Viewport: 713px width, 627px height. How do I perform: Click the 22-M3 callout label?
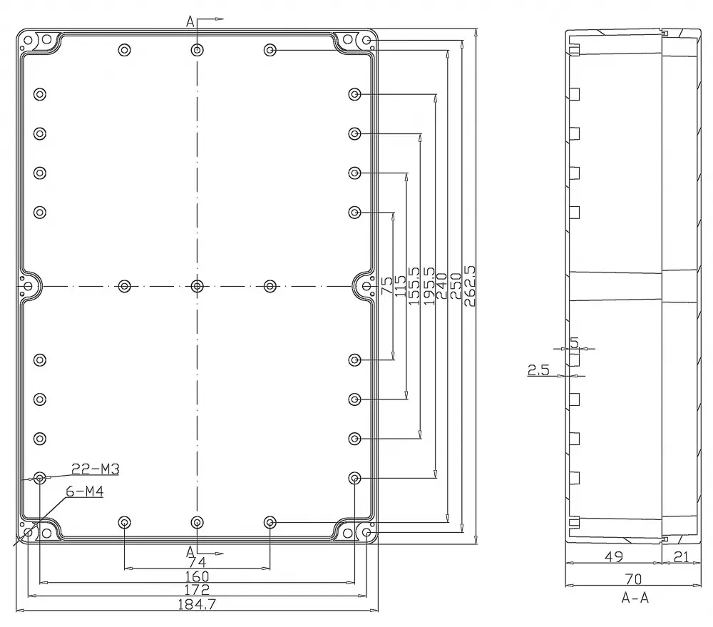(x=96, y=469)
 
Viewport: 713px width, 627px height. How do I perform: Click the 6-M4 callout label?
(x=85, y=491)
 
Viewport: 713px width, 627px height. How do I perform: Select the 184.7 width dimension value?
(x=197, y=604)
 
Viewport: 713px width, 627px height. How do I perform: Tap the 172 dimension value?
(x=197, y=590)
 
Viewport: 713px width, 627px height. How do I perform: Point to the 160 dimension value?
(x=197, y=576)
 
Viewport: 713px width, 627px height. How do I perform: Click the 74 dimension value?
(x=197, y=562)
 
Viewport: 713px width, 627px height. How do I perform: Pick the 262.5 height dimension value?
(x=469, y=286)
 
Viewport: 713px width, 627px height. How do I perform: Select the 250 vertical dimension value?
(x=455, y=286)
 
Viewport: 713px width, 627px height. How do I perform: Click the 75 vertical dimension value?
(x=386, y=286)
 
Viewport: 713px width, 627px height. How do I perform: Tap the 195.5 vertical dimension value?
(x=429, y=286)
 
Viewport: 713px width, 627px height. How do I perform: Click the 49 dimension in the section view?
(x=613, y=556)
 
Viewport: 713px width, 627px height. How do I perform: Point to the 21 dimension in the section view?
(x=681, y=556)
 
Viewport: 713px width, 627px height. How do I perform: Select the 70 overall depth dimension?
(x=633, y=578)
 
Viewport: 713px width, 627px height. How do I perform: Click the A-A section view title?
(x=635, y=598)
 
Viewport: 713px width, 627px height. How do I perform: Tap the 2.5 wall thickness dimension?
(x=538, y=370)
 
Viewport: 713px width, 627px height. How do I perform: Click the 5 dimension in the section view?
(x=574, y=342)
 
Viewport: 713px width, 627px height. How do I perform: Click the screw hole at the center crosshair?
(x=197, y=286)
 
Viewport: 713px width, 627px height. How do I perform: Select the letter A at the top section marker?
(x=190, y=21)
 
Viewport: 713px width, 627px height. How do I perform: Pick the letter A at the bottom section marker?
(x=190, y=552)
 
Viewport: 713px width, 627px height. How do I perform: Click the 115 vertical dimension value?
(x=400, y=286)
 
